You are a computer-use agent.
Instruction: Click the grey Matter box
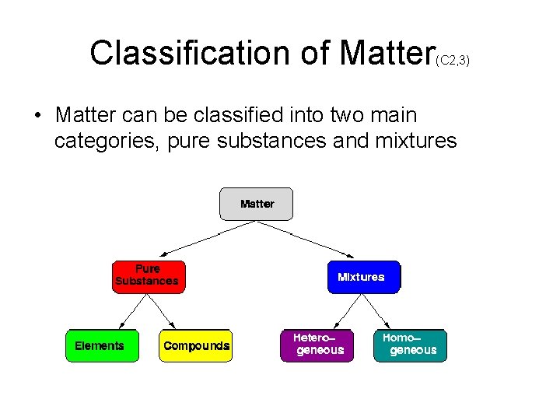coord(257,204)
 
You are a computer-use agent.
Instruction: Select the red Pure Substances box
coord(149,276)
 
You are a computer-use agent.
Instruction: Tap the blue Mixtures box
coord(362,277)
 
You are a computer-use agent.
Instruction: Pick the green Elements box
coord(100,345)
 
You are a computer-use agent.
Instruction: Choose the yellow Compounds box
coord(196,345)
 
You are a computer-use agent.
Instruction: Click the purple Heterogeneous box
coord(317,345)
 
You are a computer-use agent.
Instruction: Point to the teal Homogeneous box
coord(411,345)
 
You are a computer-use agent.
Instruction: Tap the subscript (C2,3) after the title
coord(453,60)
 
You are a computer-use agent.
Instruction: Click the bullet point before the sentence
coord(37,117)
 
